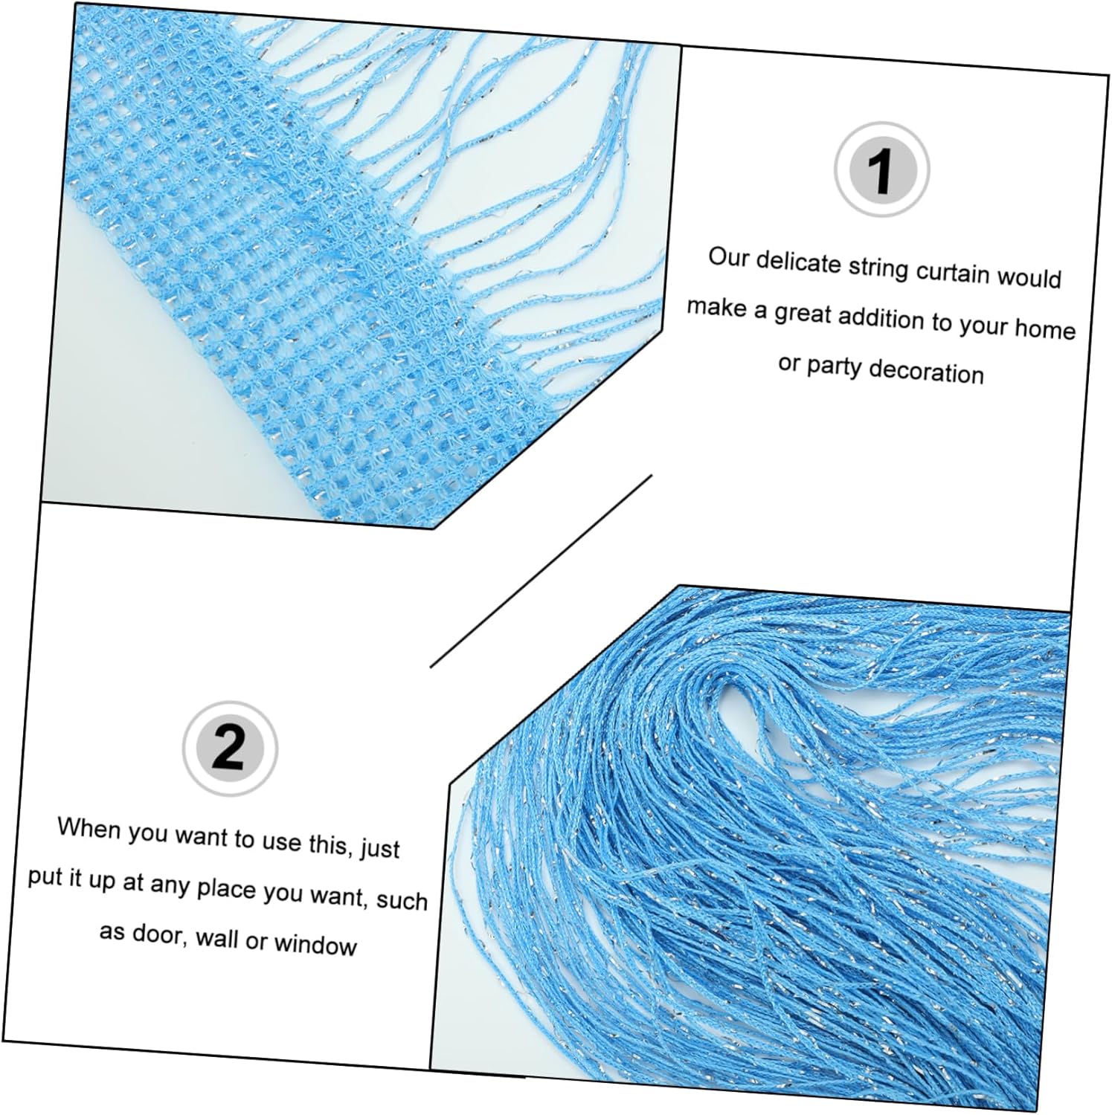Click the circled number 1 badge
pyautogui.click(x=881, y=169)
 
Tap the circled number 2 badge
pyautogui.click(x=230, y=746)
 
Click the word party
pyautogui.click(x=834, y=366)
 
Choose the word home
pyautogui.click(x=1045, y=328)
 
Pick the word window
pyautogui.click(x=315, y=944)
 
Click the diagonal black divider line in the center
pyautogui.click(x=541, y=570)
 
